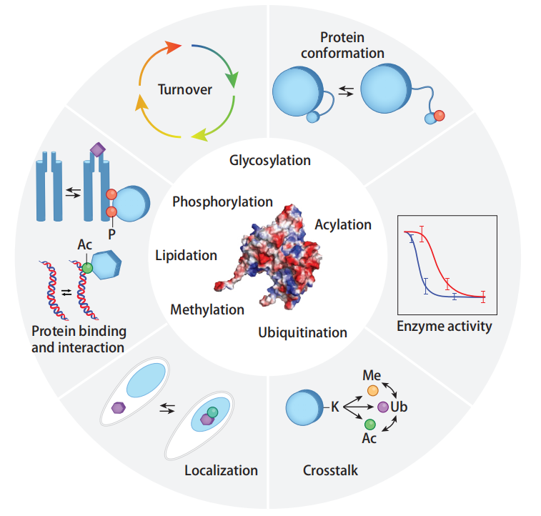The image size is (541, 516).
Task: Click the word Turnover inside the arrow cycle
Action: tap(186, 91)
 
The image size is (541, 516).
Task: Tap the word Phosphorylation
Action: tap(222, 202)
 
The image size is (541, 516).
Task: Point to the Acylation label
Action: tap(343, 224)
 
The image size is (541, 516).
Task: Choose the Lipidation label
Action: tap(186, 255)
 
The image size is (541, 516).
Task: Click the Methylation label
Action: tap(207, 309)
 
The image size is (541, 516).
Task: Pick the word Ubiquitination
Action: tap(302, 332)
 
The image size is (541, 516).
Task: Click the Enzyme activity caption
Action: tap(444, 327)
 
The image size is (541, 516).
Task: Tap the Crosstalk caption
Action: tap(330, 470)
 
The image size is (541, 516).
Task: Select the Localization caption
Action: tap(221, 470)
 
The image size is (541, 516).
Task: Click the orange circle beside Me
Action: tap(373, 391)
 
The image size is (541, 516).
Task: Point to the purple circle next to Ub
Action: tap(382, 407)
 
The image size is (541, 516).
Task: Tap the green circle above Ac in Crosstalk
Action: tap(369, 424)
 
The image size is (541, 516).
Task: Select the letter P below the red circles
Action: tap(111, 234)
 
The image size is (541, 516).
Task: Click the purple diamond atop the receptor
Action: tap(96, 149)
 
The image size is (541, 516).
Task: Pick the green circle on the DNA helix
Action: tap(86, 268)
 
